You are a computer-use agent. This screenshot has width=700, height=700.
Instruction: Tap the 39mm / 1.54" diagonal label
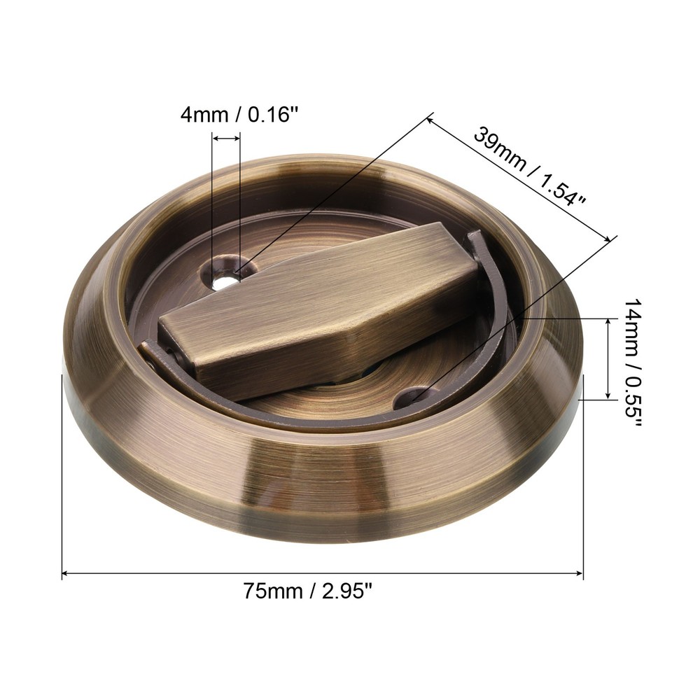[x=529, y=165]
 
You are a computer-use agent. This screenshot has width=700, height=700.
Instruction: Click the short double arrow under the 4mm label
[x=226, y=139]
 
